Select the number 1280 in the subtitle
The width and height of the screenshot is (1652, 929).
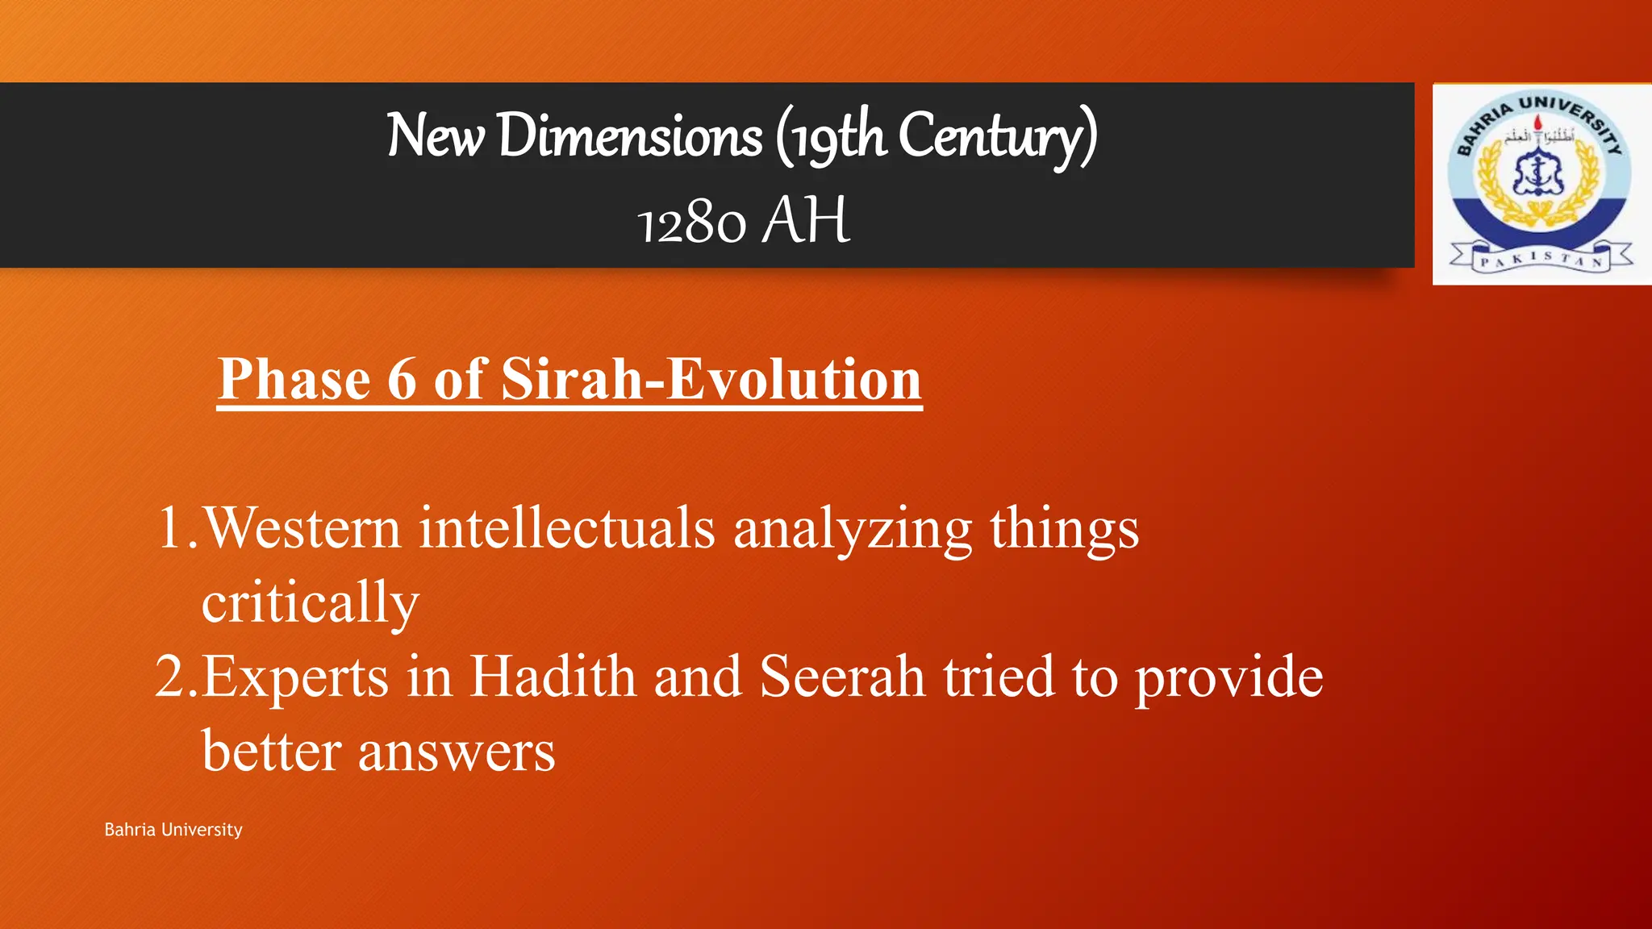(692, 223)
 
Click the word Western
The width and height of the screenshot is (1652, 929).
(302, 528)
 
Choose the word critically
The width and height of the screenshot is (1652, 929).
(311, 603)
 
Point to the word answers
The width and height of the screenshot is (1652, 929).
(457, 752)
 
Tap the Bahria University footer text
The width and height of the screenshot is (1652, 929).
(173, 830)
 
